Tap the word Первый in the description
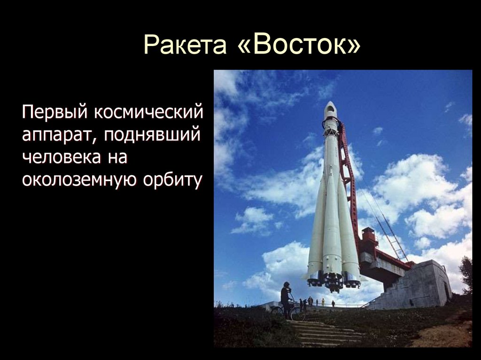(x=53, y=113)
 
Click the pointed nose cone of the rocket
(x=331, y=107)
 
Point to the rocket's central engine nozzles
(x=333, y=282)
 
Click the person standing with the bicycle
(x=285, y=299)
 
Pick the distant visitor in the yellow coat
(x=323, y=302)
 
